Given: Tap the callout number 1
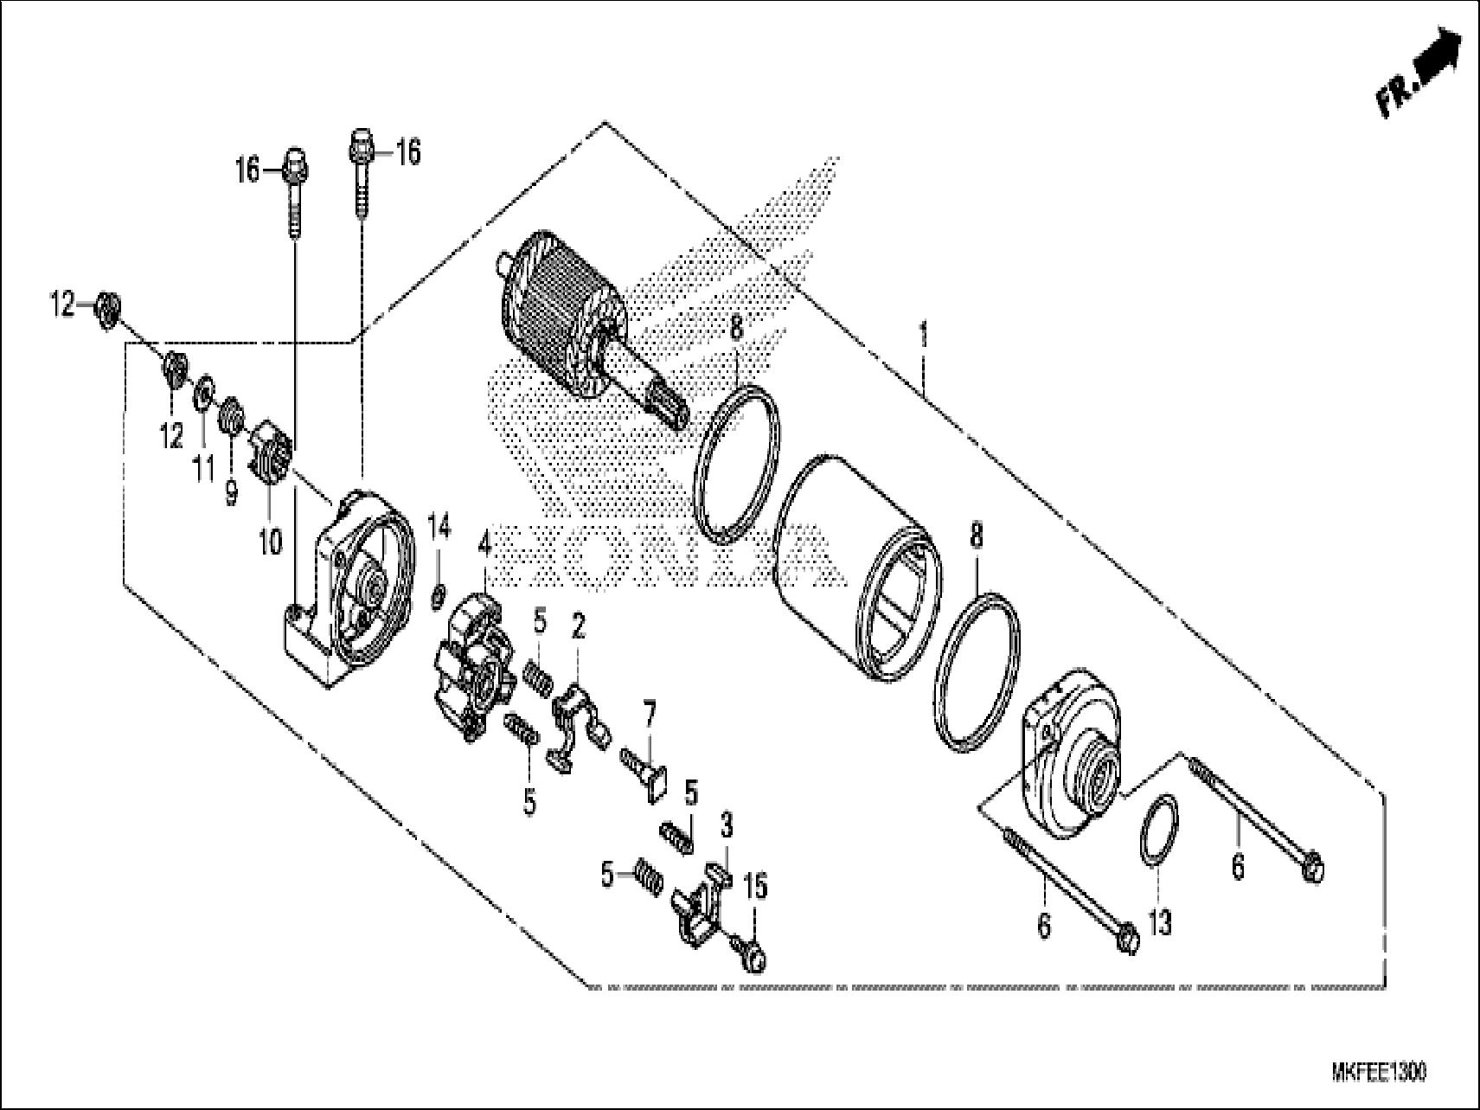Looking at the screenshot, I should [924, 332].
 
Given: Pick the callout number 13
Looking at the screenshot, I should [1160, 924].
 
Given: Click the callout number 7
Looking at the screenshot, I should [649, 714].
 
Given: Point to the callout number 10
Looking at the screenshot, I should [270, 542].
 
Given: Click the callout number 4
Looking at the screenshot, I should [484, 545].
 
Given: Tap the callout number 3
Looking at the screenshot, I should [726, 826].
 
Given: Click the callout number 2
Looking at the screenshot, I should [577, 628].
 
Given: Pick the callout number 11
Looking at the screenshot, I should [203, 470].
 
